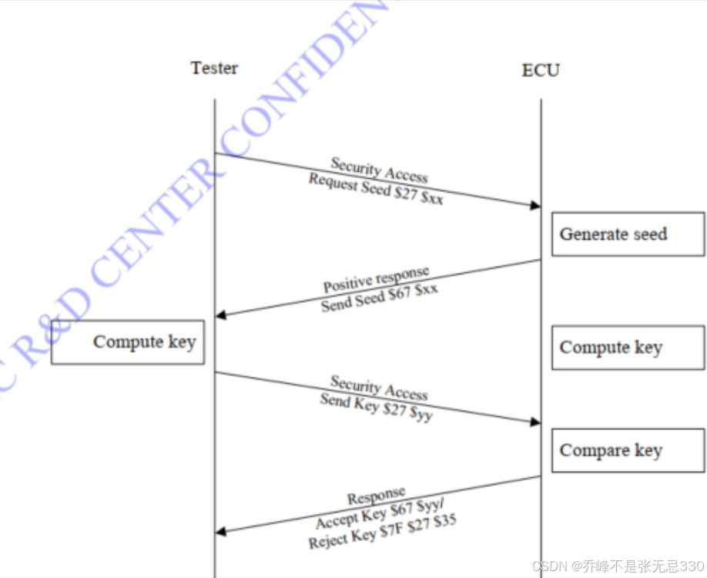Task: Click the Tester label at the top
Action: (214, 68)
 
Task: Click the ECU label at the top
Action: (541, 70)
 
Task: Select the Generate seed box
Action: (628, 234)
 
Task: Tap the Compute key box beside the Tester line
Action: (128, 342)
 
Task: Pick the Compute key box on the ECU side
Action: (628, 348)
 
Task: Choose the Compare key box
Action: (628, 451)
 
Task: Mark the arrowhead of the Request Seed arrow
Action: (534, 205)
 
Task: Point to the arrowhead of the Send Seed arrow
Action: (221, 314)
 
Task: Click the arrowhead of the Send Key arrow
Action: (534, 422)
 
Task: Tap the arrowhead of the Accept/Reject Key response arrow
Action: (221, 531)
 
